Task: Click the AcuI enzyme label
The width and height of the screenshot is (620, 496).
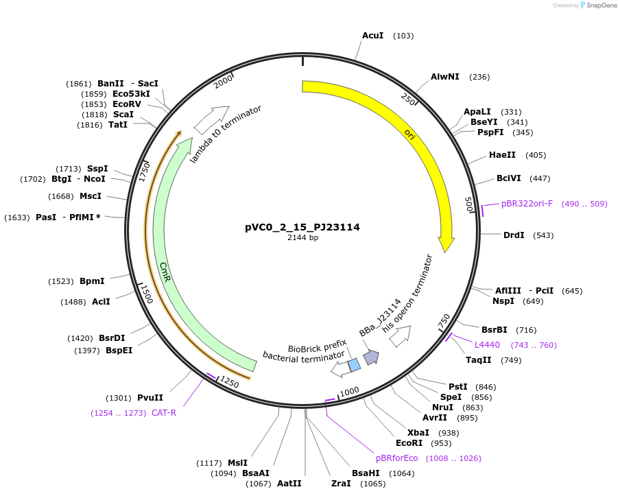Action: point(372,36)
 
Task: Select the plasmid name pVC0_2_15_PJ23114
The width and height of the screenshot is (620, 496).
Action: point(302,227)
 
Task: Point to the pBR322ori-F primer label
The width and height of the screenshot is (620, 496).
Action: point(527,204)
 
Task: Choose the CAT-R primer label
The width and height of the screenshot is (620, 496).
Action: point(164,413)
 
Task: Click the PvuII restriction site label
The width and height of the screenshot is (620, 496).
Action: point(150,398)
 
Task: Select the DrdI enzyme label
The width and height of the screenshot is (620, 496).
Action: point(514,235)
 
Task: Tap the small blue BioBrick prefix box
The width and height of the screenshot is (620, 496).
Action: point(354,365)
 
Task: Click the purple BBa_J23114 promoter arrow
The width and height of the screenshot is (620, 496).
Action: point(371,357)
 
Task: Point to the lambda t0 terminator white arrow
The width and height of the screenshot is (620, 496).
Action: point(211,119)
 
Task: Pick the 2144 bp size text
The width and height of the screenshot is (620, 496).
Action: point(302,238)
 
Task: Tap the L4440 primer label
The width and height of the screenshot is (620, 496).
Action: point(487,345)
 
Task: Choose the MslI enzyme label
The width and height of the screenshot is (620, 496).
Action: point(237,463)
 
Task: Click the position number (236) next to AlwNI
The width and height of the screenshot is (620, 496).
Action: point(479,77)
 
